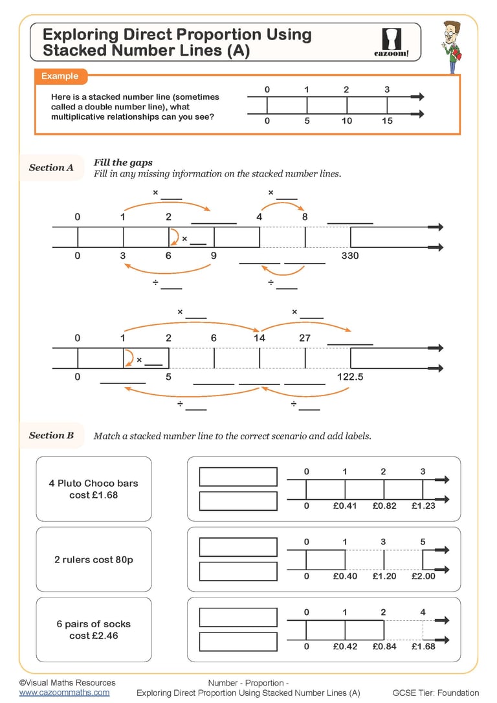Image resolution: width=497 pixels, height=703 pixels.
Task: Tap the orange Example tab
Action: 60,76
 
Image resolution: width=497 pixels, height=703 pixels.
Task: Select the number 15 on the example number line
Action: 387,121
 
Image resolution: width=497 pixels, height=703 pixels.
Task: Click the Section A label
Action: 51,168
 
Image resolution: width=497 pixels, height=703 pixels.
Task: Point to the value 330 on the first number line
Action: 349,256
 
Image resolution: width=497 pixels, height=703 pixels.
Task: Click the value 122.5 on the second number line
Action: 350,376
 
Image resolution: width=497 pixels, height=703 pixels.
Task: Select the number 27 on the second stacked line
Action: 305,338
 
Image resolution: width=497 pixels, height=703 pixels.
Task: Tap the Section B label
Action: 51,435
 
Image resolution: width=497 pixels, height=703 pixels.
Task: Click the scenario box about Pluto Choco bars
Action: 94,489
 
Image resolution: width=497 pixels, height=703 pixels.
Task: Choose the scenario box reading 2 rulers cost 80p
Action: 94,559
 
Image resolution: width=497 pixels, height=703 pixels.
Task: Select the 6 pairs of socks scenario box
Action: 94,630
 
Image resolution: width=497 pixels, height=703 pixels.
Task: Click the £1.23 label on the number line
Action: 423,506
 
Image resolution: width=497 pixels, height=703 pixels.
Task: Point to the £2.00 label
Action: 423,576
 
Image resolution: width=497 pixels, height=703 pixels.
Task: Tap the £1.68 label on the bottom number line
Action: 423,646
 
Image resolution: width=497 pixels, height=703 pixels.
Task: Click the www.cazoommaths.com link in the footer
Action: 64,693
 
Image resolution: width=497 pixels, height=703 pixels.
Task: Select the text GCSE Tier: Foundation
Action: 436,693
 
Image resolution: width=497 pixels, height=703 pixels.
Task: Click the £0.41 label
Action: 345,506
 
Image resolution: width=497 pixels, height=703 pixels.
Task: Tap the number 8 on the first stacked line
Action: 305,218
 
